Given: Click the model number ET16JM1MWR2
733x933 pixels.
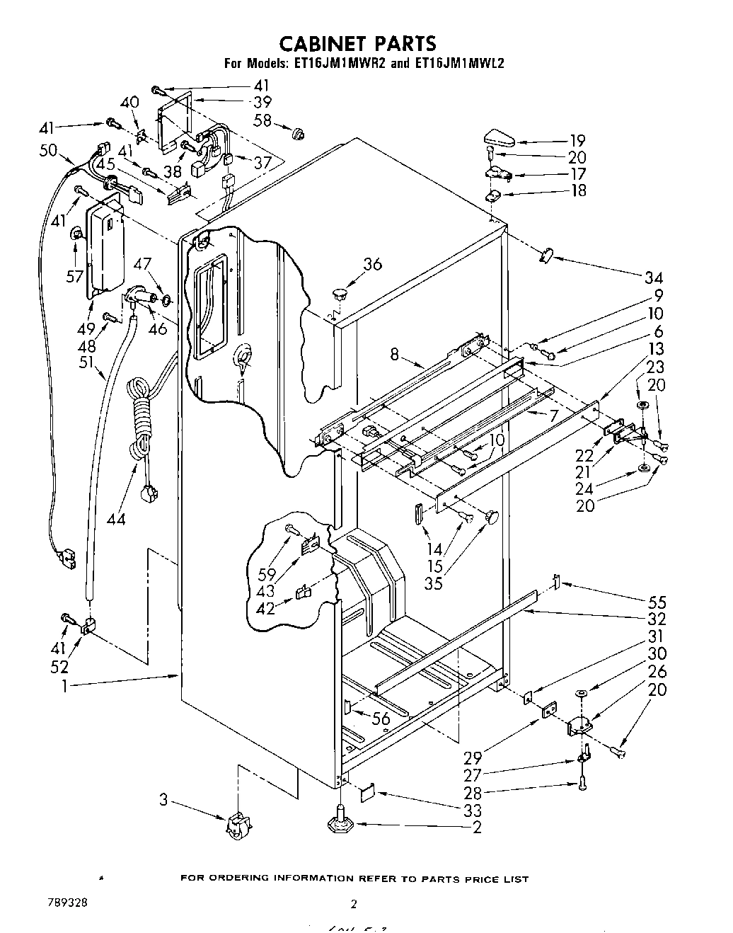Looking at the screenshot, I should click(332, 63).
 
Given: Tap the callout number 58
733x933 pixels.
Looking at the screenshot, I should click(262, 120).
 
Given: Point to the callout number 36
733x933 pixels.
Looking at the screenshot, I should click(373, 264).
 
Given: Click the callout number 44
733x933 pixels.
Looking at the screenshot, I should click(116, 518).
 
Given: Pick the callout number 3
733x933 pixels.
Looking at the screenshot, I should click(163, 801).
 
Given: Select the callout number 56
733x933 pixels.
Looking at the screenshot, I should click(381, 719).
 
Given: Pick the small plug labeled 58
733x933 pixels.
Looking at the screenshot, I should click(299, 132).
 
